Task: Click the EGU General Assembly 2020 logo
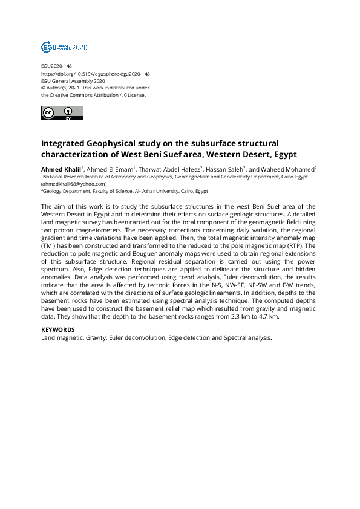(x=64, y=47)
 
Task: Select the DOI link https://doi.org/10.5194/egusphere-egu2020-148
(x=95, y=74)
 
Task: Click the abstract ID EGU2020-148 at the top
(x=57, y=66)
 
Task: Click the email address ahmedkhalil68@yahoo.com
(x=74, y=183)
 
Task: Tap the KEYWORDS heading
(x=58, y=329)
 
